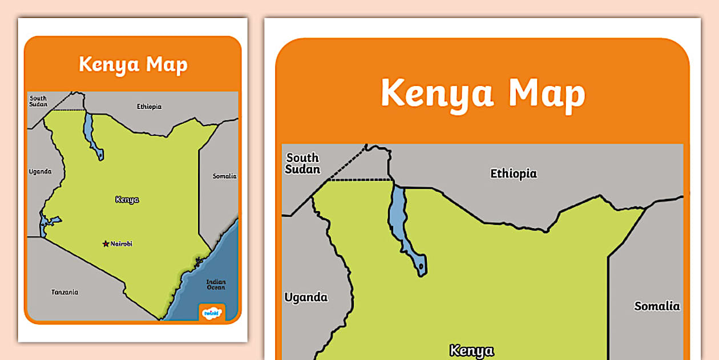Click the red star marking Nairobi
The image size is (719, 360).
click(x=106, y=244)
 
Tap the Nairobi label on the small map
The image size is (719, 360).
click(x=122, y=244)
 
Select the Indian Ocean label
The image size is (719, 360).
click(x=216, y=284)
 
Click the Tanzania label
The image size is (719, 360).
click(x=65, y=292)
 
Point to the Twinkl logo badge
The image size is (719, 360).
click(x=212, y=313)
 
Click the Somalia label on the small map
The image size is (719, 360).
click(x=224, y=176)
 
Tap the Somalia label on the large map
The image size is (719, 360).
click(x=657, y=306)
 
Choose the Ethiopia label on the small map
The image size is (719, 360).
click(x=149, y=107)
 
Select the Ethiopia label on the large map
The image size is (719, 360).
click(x=514, y=173)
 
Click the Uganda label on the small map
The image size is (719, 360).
click(x=40, y=171)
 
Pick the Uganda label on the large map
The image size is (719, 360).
click(x=306, y=297)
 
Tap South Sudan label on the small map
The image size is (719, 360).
click(x=38, y=101)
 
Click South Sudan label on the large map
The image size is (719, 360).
click(x=303, y=163)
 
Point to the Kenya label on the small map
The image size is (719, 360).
click(x=127, y=200)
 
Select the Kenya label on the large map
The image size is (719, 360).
click(x=471, y=350)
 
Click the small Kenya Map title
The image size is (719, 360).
click(x=133, y=64)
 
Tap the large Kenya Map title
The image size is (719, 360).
click(x=483, y=93)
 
